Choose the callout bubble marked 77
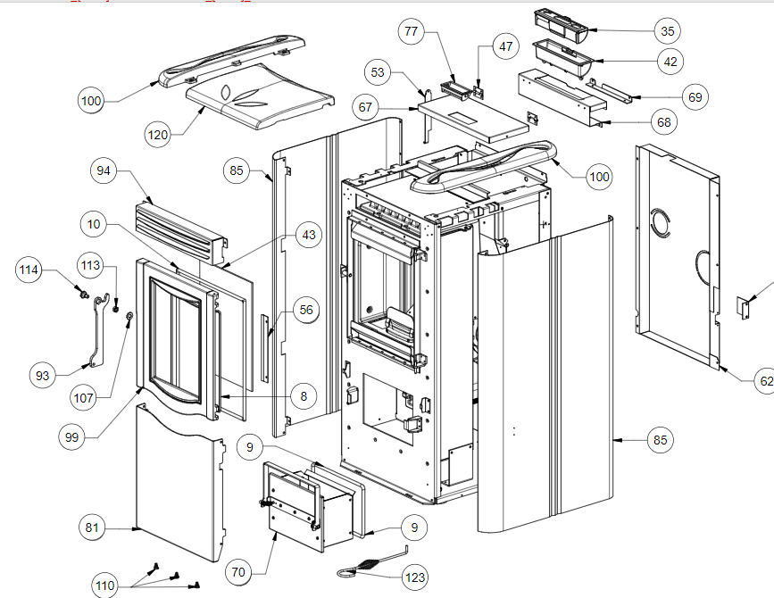point(411,31)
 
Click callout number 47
point(507,46)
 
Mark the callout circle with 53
point(378,71)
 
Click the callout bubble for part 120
point(157,135)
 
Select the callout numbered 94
point(105,170)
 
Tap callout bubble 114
point(30,269)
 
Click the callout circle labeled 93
point(43,375)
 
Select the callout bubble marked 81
point(91,528)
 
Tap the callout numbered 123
point(415,577)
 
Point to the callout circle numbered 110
point(105,586)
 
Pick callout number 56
point(306,310)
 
